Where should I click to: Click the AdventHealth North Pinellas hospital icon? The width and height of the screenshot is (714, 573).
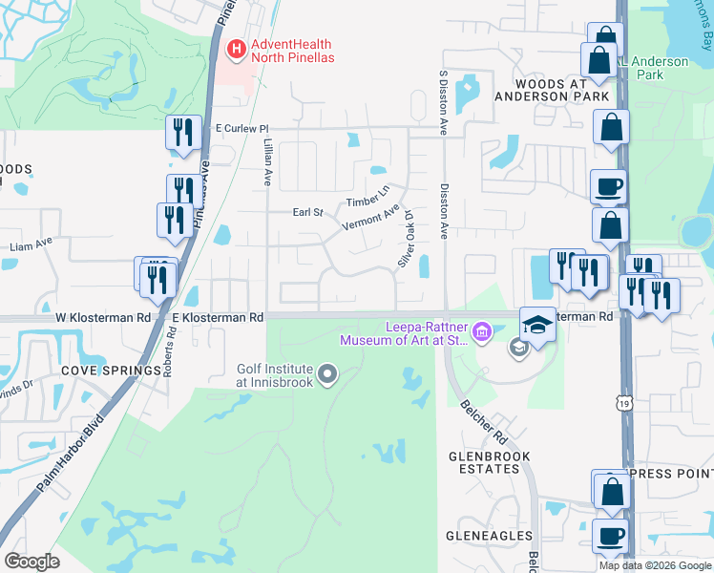tap(236, 47)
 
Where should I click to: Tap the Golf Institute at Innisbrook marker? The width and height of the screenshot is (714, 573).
tap(328, 373)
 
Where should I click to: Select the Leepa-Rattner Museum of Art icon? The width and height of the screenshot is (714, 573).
tap(482, 332)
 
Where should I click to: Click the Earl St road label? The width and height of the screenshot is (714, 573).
tap(308, 212)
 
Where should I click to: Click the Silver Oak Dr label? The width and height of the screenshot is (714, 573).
tap(408, 238)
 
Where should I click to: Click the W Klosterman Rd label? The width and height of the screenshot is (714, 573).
tap(104, 316)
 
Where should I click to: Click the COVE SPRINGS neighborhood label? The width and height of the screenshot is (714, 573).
tap(112, 371)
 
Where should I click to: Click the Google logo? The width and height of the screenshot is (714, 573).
tap(31, 562)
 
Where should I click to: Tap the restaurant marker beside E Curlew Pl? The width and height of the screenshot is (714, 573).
tap(181, 133)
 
